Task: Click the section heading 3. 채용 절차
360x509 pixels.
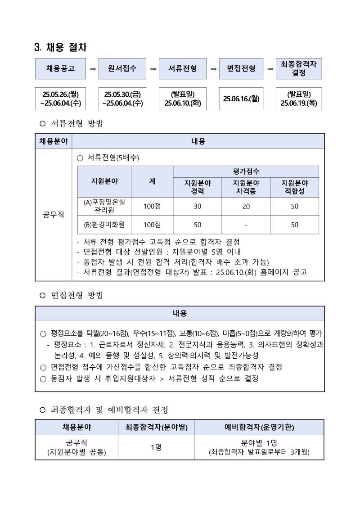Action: point(61,47)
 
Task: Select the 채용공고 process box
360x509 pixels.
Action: point(60,69)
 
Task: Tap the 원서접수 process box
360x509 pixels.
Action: point(122,69)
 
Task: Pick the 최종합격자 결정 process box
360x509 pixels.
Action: point(299,68)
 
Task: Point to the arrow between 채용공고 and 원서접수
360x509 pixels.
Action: point(93,69)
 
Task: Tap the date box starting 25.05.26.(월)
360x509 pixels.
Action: point(60,99)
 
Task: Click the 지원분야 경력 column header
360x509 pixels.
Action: point(198,187)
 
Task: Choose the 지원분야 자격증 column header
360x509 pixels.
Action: point(246,187)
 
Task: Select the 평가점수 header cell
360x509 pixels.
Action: point(246,171)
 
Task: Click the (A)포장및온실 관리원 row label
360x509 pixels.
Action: point(104,206)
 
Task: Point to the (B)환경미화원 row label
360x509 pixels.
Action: point(104,225)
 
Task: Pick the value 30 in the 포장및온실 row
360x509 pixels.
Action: point(198,207)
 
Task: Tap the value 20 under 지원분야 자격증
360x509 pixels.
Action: point(246,207)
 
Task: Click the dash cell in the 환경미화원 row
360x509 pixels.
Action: point(246,225)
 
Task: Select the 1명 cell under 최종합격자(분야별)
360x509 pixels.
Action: point(156,447)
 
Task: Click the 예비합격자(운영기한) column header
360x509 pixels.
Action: point(259,427)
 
